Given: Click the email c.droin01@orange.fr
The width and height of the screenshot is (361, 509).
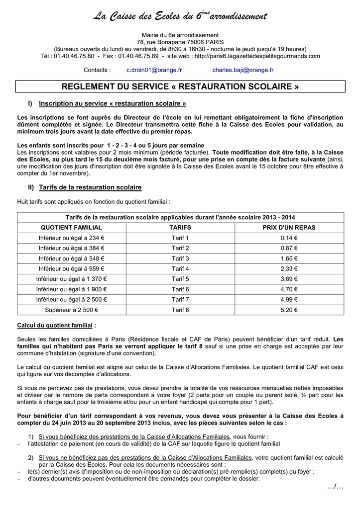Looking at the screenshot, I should tap(154, 70).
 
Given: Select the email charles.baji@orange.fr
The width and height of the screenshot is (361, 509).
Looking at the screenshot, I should tap(242, 70).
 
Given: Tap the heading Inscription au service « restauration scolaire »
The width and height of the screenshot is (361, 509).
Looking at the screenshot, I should tap(113, 103).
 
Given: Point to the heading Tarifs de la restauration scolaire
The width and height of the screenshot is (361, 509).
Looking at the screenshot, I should tap(90, 187).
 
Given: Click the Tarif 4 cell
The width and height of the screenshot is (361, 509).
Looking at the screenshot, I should tap(180, 269).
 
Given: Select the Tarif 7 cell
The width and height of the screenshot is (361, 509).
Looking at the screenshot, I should tap(180, 300).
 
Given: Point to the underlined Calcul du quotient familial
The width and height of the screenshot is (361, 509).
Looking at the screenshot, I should tap(56, 326).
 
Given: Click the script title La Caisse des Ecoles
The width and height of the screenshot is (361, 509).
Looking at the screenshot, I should tap(180, 16).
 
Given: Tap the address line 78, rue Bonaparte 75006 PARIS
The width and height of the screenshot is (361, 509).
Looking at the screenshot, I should tap(180, 42).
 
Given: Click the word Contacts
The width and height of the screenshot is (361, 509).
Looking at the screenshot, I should tap(97, 70).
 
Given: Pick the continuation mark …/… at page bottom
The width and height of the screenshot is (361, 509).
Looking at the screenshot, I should tap(335, 486).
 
